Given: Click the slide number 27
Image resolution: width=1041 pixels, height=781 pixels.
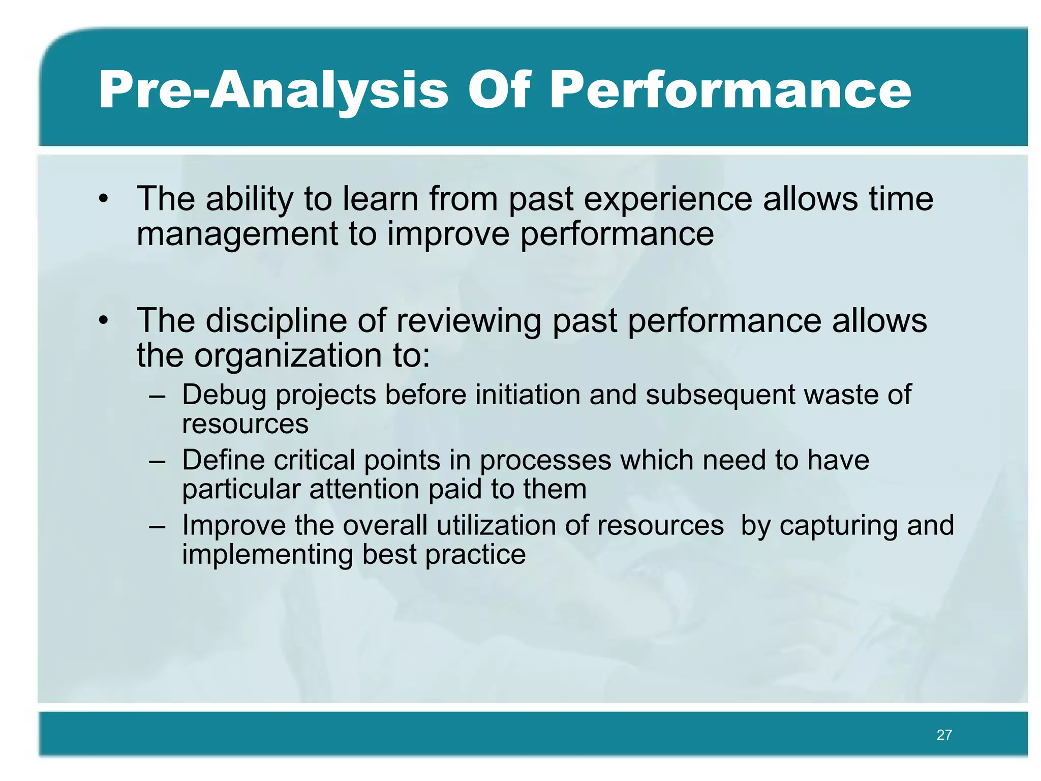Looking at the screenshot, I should [x=944, y=735].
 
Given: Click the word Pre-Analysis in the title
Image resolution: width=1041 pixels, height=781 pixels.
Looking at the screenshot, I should [x=273, y=90].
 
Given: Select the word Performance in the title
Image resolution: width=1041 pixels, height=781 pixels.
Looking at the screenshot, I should [x=730, y=90].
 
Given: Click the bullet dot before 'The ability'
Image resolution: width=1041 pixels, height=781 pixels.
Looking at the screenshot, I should [x=104, y=199].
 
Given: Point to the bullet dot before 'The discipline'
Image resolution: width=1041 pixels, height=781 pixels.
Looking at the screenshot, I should [x=104, y=321].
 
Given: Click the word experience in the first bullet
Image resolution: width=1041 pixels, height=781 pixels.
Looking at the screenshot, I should [x=668, y=199].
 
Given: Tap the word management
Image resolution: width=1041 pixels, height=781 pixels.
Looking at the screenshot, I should [x=238, y=234].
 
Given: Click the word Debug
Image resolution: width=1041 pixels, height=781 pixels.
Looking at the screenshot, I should [x=224, y=396].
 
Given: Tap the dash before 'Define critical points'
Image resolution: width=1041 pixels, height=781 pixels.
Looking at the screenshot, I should [x=157, y=461].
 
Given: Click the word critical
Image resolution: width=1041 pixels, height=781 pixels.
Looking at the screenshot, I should [x=314, y=461].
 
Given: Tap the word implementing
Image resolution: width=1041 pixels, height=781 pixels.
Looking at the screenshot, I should [x=267, y=555].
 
